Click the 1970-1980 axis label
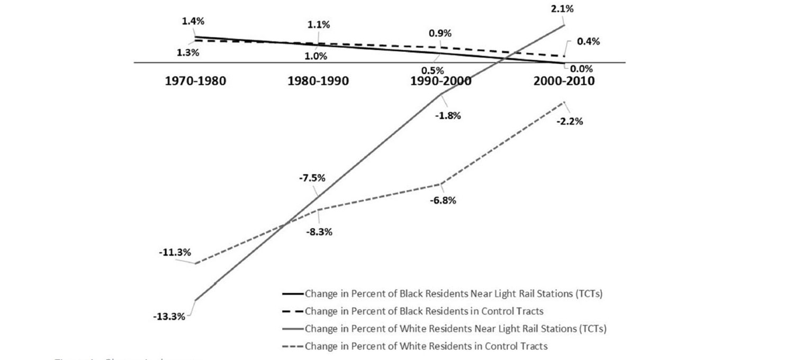[x=195, y=82]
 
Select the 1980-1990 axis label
[x=318, y=82]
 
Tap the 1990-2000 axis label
[x=441, y=82]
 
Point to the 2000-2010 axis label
[x=564, y=82]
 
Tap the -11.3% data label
[x=175, y=253]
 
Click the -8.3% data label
[x=319, y=232]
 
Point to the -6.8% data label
[x=443, y=201]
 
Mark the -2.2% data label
[x=569, y=121]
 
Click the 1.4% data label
[x=193, y=21]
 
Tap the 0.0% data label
[x=582, y=68]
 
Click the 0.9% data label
[x=440, y=33]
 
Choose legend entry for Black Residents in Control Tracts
[x=423, y=311]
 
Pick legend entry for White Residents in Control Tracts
[x=425, y=346]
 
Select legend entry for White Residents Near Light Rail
[x=454, y=329]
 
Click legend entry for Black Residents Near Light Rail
[x=453, y=293]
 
